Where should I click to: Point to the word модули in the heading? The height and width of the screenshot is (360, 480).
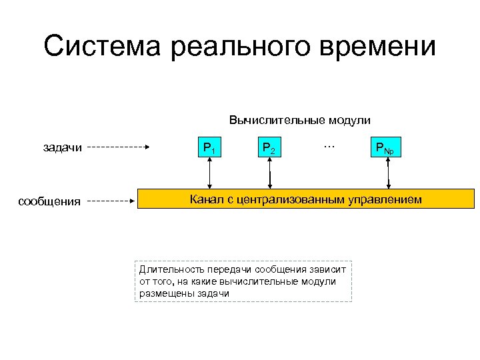[347, 121]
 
